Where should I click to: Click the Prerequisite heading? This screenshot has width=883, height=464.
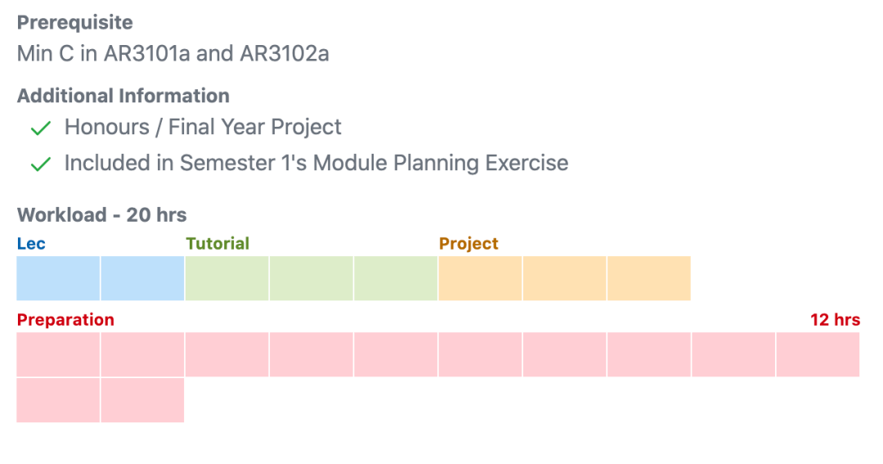pyautogui.click(x=74, y=22)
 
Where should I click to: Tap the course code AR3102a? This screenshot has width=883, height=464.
pyautogui.click(x=285, y=54)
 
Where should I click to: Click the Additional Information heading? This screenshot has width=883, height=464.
pyautogui.click(x=123, y=96)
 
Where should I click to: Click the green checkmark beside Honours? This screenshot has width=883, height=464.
pyautogui.click(x=41, y=128)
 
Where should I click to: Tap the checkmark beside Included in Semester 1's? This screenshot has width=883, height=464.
pyautogui.click(x=41, y=164)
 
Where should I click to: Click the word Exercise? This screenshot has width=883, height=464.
pyautogui.click(x=527, y=163)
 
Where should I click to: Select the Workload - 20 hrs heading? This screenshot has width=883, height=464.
pyautogui.click(x=101, y=215)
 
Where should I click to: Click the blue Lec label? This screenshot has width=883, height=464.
pyautogui.click(x=31, y=243)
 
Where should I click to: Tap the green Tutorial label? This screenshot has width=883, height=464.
pyautogui.click(x=217, y=243)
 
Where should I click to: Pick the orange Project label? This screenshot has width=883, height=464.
pyautogui.click(x=468, y=243)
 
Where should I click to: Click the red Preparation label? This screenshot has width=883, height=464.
pyautogui.click(x=65, y=319)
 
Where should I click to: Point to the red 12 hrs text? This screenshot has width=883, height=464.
pyautogui.click(x=835, y=319)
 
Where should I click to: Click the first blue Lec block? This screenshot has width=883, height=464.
pyautogui.click(x=58, y=278)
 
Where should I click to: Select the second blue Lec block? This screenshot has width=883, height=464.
pyautogui.click(x=142, y=278)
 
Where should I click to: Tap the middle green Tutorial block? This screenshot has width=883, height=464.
pyautogui.click(x=312, y=278)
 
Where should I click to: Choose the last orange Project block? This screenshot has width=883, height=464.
pyautogui.click(x=648, y=278)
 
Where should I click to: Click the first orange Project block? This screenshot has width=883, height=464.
pyautogui.click(x=480, y=278)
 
